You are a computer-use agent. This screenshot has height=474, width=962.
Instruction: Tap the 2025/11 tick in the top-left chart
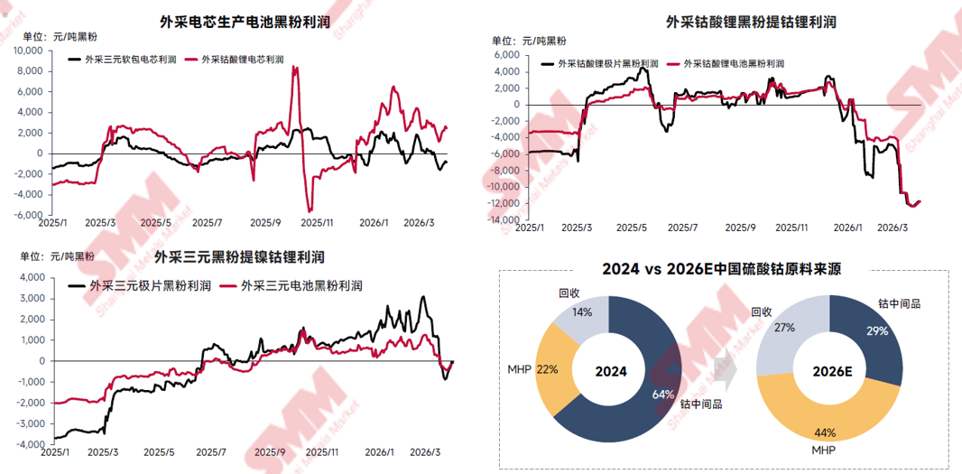tap(318, 222)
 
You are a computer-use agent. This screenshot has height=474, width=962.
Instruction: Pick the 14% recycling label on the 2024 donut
tap(581, 312)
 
